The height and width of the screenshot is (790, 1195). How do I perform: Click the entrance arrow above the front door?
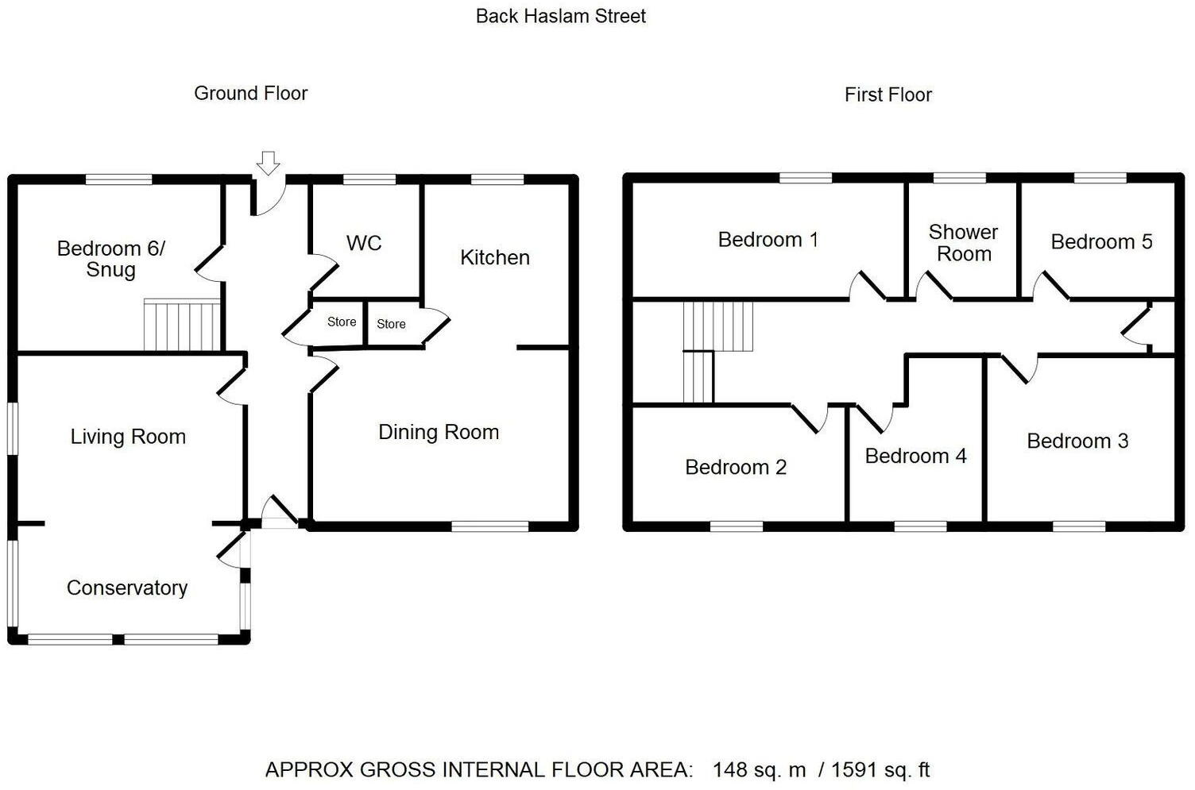pyautogui.click(x=269, y=163)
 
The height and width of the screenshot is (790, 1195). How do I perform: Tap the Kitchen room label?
pyautogui.click(x=494, y=257)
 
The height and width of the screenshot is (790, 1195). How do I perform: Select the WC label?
pyautogui.click(x=364, y=243)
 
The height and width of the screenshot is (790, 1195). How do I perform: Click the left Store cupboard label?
pyautogui.click(x=342, y=322)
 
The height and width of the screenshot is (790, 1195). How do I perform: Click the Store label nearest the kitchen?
pyautogui.click(x=391, y=324)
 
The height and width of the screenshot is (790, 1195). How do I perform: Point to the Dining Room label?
pyautogui.click(x=439, y=432)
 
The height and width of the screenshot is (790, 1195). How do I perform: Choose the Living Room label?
pyautogui.click(x=128, y=437)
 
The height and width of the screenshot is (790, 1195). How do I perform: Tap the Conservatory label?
pyautogui.click(x=127, y=588)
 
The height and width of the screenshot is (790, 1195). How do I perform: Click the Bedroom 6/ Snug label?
pyautogui.click(x=111, y=259)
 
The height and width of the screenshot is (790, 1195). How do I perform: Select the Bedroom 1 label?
pyautogui.click(x=768, y=240)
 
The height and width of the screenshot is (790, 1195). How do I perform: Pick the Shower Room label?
pyautogui.click(x=963, y=243)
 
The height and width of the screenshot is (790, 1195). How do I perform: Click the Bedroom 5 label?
pyautogui.click(x=1101, y=242)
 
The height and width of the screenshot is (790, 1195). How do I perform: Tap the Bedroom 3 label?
pyautogui.click(x=1077, y=441)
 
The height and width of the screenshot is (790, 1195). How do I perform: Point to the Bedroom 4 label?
pyautogui.click(x=915, y=456)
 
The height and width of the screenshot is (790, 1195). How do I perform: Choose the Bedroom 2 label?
pyautogui.click(x=736, y=467)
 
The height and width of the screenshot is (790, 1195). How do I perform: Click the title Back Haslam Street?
pyautogui.click(x=560, y=16)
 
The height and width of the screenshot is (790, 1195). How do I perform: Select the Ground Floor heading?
pyautogui.click(x=250, y=93)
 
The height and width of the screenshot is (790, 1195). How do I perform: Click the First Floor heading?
pyautogui.click(x=888, y=94)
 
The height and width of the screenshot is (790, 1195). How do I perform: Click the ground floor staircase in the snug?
pyautogui.click(x=182, y=325)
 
